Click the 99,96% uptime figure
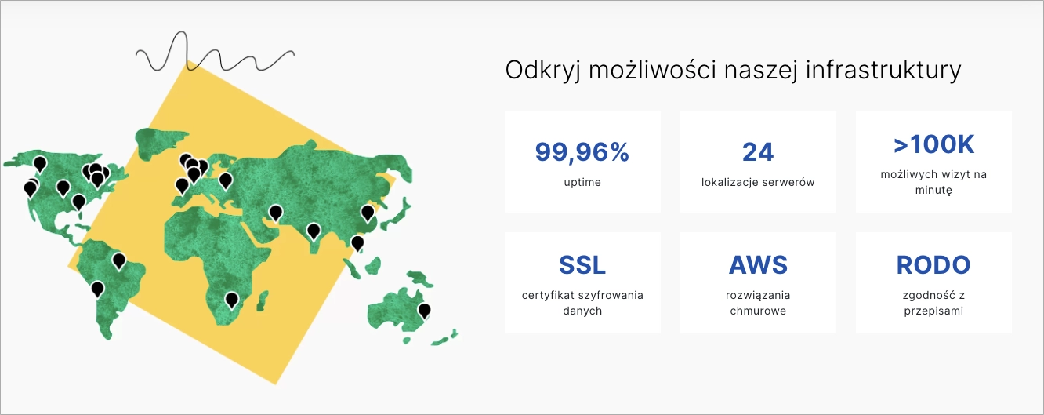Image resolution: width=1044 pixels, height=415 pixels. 582,151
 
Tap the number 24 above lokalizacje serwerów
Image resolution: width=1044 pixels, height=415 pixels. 757,151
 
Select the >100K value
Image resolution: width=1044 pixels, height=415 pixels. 933,144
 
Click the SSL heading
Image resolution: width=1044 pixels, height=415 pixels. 582,265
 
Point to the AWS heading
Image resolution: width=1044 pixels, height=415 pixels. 757,265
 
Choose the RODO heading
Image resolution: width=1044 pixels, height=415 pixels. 933,265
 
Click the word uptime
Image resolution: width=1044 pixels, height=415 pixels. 582,182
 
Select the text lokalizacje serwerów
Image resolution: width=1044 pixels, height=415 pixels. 757,182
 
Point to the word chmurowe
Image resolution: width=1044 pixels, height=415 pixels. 757,311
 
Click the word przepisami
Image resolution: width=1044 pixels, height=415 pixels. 933,311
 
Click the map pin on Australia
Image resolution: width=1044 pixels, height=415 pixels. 424,310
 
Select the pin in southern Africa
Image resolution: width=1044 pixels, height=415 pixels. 231,299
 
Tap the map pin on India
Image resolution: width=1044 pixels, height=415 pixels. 313,230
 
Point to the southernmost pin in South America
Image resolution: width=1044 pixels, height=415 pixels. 97,289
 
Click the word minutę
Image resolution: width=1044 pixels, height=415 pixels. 933,190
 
